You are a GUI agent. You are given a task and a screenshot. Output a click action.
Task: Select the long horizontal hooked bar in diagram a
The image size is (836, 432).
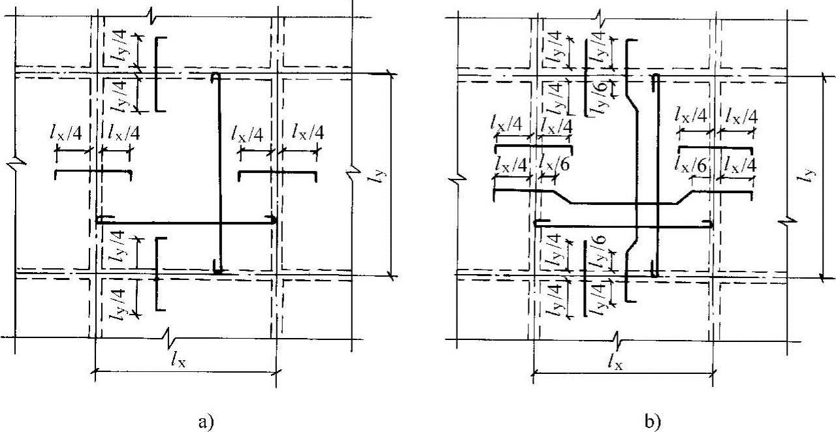tap(186, 222)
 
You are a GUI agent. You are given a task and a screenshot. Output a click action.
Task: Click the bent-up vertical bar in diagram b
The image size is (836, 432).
tap(634, 170)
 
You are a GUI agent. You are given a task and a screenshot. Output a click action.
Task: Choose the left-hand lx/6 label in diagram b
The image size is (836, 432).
tap(553, 165)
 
